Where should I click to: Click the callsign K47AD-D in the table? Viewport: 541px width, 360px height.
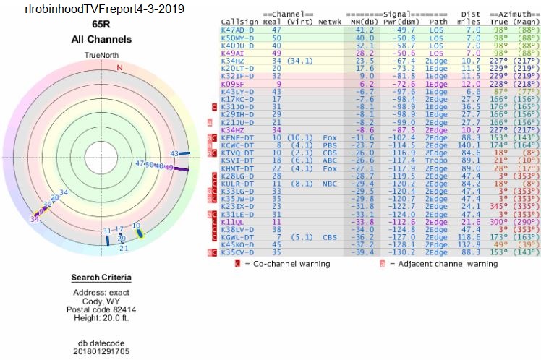click(237, 30)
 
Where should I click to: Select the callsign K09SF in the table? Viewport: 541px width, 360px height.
click(235, 84)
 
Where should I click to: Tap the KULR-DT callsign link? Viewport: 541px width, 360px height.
click(237, 183)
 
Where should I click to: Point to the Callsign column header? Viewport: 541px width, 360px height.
click(238, 22)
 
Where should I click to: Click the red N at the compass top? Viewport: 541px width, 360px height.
click(120, 67)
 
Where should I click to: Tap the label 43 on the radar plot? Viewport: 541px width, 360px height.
click(174, 153)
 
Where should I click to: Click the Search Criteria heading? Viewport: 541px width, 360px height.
click(101, 278)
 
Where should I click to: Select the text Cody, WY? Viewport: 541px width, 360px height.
click(101, 301)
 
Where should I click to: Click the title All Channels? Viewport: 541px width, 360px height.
click(101, 40)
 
